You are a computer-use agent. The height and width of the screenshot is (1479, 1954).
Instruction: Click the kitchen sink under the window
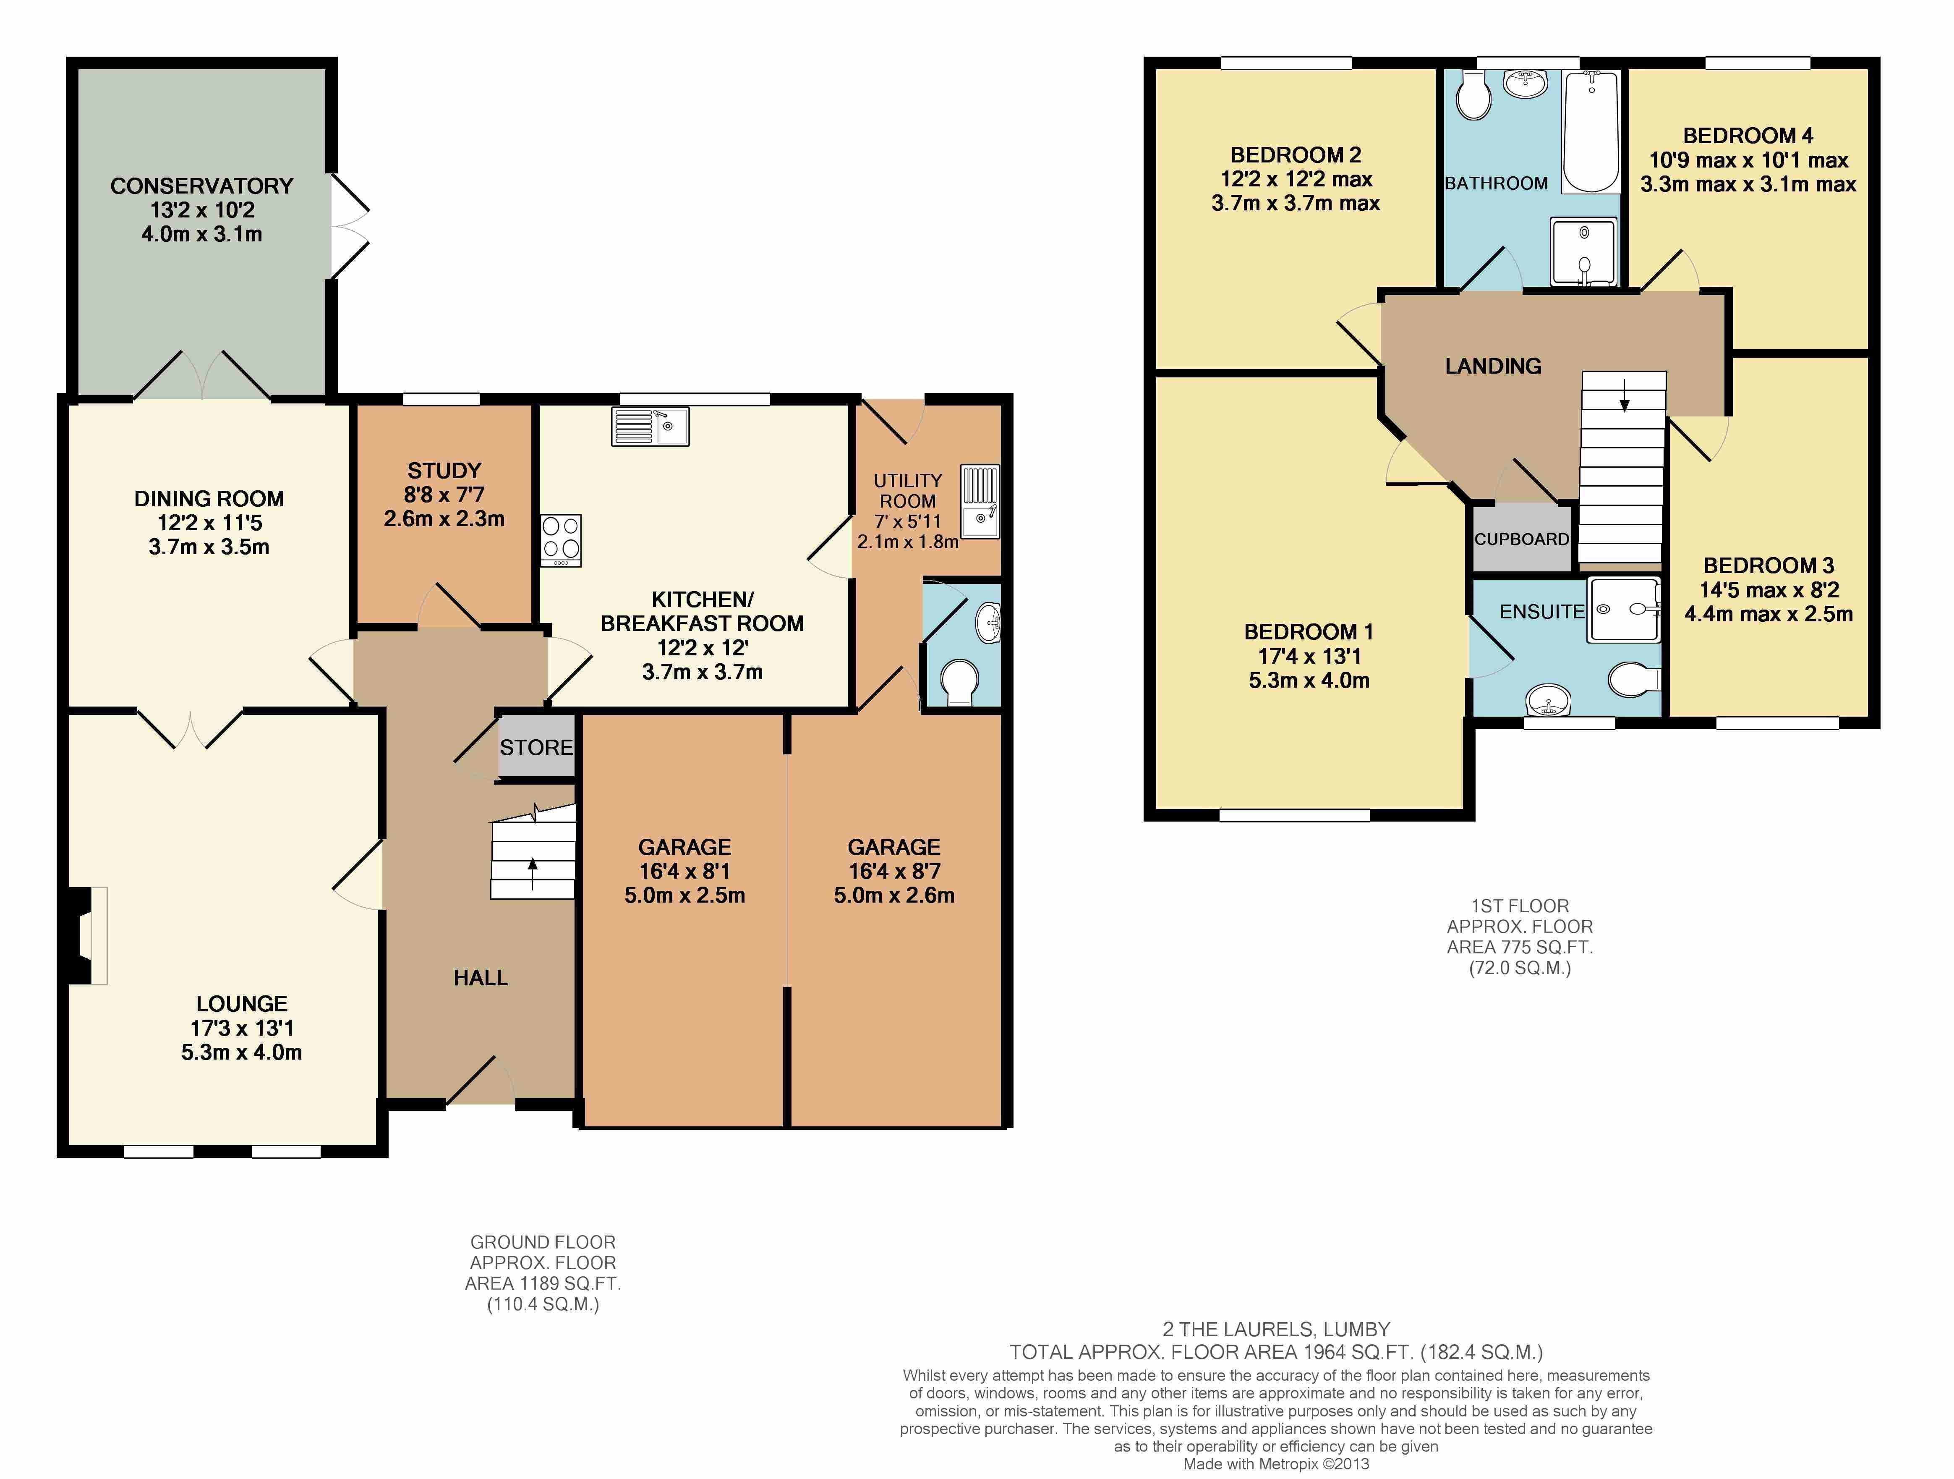(x=650, y=426)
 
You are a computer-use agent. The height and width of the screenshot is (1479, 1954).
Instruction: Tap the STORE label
(x=536, y=747)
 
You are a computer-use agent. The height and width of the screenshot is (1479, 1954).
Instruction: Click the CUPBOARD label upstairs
(x=1521, y=539)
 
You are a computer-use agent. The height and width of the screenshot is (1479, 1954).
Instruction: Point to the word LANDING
(x=1493, y=366)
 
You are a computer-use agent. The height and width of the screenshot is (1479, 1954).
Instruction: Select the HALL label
(x=481, y=978)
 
